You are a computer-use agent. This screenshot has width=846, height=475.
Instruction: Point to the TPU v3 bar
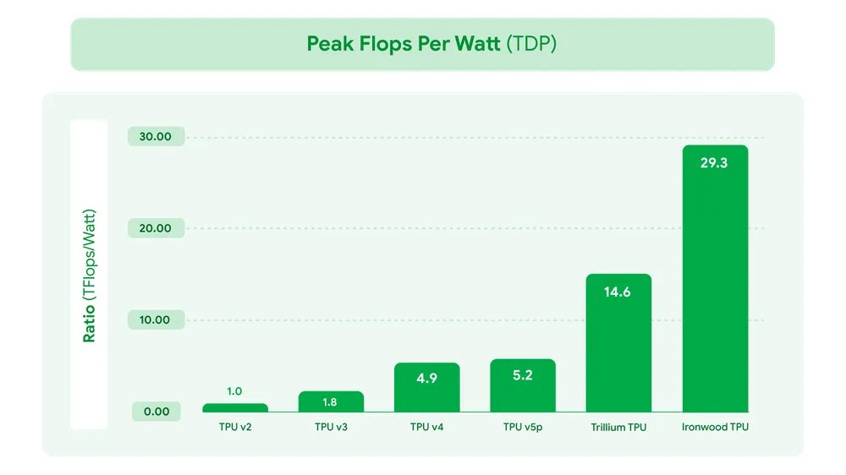tap(331, 402)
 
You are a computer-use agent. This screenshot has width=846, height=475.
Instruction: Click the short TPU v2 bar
tap(234, 407)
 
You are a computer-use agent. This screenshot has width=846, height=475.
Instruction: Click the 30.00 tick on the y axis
tap(156, 137)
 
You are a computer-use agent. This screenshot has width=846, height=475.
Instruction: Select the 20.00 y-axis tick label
tap(156, 228)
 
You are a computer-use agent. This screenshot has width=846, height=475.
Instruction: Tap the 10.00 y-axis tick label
tap(156, 320)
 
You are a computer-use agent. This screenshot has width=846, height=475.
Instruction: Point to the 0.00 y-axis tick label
tap(156, 412)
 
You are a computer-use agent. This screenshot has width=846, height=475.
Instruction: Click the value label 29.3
tap(714, 163)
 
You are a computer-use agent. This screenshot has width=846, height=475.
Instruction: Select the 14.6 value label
tap(617, 292)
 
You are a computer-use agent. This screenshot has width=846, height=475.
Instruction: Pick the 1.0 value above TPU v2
tap(234, 391)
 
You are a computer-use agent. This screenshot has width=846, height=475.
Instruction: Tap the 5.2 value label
tap(523, 375)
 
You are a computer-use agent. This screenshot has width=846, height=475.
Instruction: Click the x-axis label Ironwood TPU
tap(715, 428)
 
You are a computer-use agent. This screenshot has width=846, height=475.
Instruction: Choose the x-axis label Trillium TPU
tap(618, 428)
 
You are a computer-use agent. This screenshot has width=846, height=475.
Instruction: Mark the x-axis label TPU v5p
tap(523, 428)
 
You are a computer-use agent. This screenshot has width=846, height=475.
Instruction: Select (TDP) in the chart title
tap(530, 44)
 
